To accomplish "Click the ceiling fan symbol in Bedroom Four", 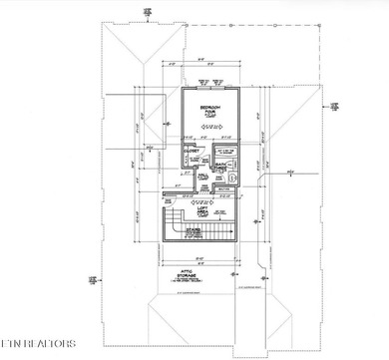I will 211,128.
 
